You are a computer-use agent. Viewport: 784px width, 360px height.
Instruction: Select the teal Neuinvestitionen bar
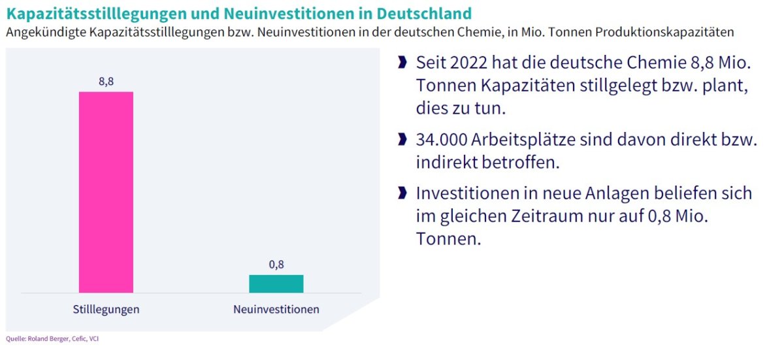pyautogui.click(x=276, y=284)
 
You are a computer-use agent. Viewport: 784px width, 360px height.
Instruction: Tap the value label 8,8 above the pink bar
pyautogui.click(x=106, y=82)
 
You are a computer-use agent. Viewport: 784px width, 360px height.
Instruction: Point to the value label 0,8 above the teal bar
pyautogui.click(x=276, y=265)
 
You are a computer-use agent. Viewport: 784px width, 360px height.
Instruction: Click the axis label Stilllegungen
pyautogui.click(x=106, y=309)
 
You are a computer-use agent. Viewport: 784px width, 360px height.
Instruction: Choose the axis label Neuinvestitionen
pyautogui.click(x=276, y=309)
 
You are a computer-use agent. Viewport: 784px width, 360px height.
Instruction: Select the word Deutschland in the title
pyautogui.click(x=415, y=13)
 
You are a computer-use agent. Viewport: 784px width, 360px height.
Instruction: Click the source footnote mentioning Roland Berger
pyautogui.click(x=52, y=338)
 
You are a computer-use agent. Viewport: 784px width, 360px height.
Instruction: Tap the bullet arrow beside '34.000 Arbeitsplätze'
pyautogui.click(x=402, y=140)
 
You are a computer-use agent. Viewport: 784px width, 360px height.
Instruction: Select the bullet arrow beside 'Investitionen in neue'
pyautogui.click(x=402, y=193)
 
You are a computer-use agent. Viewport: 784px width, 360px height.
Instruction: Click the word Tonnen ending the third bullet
pyautogui.click(x=448, y=239)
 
